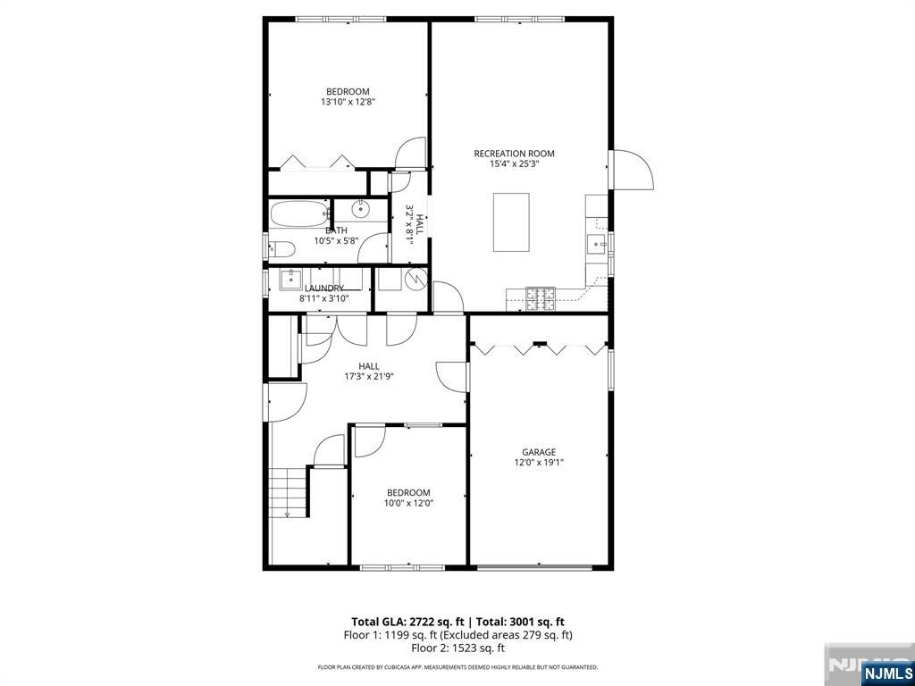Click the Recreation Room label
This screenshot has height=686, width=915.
tap(514, 154)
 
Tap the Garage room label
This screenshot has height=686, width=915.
tap(539, 452)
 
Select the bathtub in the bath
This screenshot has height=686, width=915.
tap(299, 213)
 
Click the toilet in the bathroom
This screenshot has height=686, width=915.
tap(281, 249)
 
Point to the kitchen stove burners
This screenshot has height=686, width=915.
tap(541, 298)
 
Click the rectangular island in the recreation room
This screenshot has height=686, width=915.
tap(511, 222)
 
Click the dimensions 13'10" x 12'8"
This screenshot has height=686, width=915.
tap(348, 102)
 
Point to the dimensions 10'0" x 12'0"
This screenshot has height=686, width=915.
tap(408, 503)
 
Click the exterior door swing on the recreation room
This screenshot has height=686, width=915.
tap(632, 170)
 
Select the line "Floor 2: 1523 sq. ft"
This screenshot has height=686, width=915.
tap(458, 648)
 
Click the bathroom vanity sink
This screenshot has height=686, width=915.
tap(362, 207)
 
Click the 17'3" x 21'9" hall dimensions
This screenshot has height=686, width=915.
tap(369, 376)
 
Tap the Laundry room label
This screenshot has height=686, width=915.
tap(324, 289)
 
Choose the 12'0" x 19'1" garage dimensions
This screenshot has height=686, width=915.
tap(539, 463)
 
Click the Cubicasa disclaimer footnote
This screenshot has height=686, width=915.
tap(457, 667)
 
